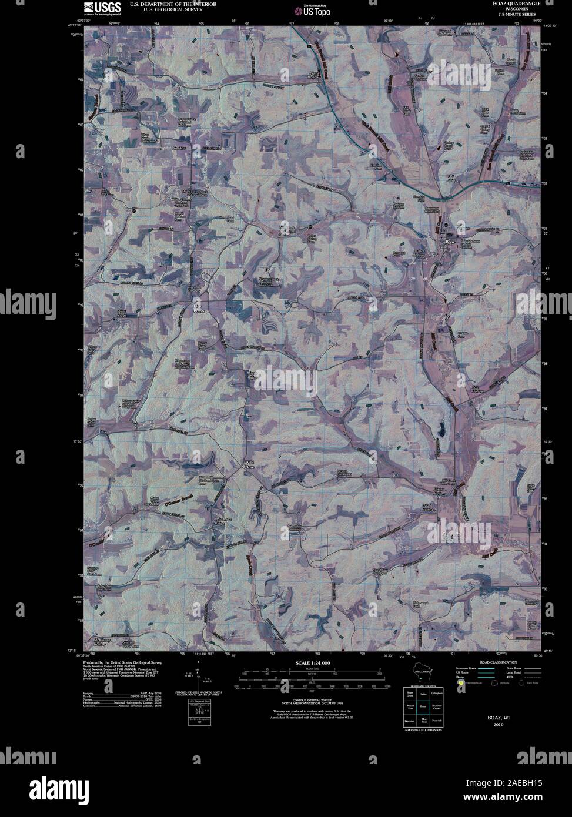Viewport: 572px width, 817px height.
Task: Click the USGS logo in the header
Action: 103,8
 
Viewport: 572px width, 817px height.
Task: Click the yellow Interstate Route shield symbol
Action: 461,684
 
